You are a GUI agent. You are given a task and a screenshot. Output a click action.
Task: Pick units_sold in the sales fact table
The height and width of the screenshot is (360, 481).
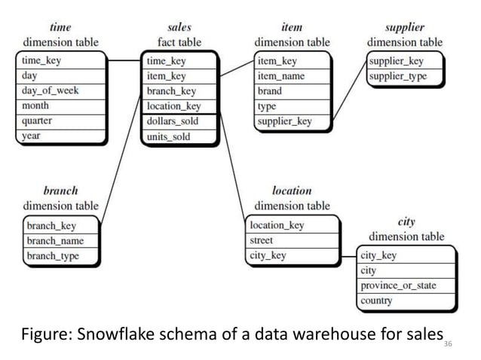(169, 137)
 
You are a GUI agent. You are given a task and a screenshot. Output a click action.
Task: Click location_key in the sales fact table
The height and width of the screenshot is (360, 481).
(173, 106)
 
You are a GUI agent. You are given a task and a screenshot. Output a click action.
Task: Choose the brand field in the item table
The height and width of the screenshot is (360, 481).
(270, 90)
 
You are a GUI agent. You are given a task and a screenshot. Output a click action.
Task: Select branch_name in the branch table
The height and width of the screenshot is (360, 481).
(56, 241)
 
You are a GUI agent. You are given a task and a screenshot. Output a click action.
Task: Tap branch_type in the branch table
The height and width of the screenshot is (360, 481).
(53, 256)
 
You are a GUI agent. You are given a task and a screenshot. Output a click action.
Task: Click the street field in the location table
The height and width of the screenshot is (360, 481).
(262, 240)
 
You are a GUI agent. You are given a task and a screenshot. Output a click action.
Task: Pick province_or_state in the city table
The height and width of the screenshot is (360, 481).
(398, 286)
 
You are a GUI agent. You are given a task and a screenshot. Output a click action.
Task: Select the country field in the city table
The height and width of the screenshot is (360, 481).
(377, 301)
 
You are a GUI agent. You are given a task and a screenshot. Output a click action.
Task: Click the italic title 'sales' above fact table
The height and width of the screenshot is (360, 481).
(179, 27)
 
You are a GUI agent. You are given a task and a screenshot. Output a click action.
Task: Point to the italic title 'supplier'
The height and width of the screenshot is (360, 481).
(405, 27)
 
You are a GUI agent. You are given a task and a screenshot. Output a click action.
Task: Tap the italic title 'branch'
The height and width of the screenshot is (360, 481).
(60, 191)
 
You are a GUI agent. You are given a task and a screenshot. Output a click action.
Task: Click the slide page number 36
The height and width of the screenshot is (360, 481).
(449, 343)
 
